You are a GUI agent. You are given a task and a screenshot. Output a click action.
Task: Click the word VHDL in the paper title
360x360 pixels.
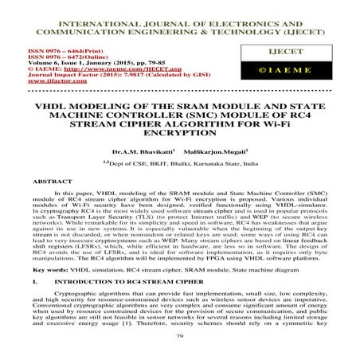[x=49, y=105]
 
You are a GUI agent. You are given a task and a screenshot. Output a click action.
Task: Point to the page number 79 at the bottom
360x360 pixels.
[x=180, y=338]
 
